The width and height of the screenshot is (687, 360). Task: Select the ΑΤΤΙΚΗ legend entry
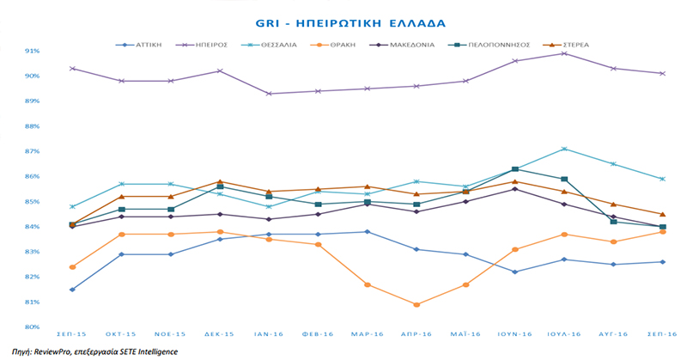143,43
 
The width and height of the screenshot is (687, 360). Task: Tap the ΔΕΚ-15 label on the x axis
220,333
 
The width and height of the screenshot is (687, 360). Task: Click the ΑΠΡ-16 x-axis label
416,333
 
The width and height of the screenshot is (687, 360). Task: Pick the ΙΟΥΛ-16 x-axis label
563,333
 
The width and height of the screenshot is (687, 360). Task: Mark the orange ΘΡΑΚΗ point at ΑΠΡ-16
416,305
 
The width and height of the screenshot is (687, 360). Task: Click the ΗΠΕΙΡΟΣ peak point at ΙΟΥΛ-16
563,53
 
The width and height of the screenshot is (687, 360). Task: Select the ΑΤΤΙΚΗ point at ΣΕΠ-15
72,290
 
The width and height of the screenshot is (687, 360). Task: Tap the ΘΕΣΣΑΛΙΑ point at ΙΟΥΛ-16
563,149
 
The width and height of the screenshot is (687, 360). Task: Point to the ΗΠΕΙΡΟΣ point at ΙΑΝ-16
269,94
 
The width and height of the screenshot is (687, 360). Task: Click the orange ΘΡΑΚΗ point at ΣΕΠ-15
72,267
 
